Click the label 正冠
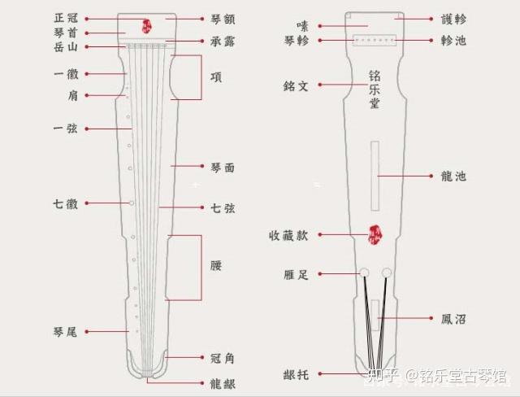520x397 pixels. click(x=67, y=17)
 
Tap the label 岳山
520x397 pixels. click(x=67, y=48)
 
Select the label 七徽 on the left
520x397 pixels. click(x=67, y=203)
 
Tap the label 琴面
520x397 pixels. click(x=222, y=167)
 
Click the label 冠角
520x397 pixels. click(x=222, y=358)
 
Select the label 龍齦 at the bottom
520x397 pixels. click(x=222, y=381)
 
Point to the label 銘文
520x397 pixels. click(x=298, y=84)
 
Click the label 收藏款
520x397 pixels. click(x=288, y=235)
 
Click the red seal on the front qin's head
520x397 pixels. click(x=148, y=27)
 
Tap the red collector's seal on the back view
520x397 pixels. click(x=375, y=234)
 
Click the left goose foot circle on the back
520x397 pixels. click(x=364, y=273)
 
